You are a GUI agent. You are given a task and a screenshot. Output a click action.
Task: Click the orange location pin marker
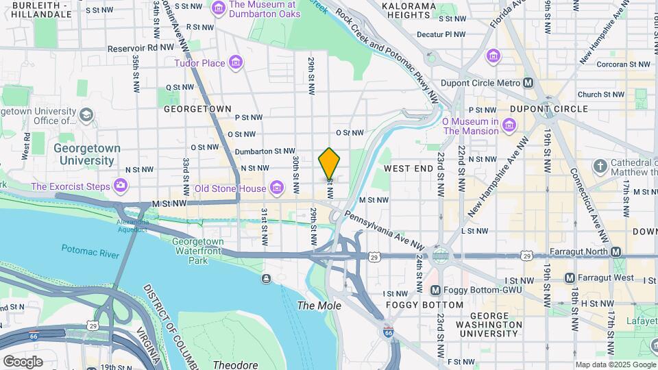tap(329, 164)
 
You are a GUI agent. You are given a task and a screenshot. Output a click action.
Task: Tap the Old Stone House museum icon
tap(276, 188)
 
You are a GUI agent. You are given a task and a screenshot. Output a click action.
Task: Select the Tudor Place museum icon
tap(235, 64)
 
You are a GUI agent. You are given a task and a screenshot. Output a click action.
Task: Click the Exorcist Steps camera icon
tap(121, 186)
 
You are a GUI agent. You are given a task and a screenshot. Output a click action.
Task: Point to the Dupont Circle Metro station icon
tap(528, 83)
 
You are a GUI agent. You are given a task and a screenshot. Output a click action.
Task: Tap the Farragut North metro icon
tap(616, 252)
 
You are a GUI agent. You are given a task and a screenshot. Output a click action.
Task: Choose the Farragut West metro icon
tap(570, 278)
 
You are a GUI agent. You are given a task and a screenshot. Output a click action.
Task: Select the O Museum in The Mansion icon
tap(509, 125)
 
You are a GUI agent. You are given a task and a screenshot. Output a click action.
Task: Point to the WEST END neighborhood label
tap(407, 168)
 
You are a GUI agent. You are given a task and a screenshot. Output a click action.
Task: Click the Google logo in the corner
tap(23, 361)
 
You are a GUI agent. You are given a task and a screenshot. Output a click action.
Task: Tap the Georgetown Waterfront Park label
tap(198, 251)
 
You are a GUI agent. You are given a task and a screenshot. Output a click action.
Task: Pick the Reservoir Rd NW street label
tap(141, 49)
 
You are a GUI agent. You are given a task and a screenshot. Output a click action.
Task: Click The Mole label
tap(319, 305)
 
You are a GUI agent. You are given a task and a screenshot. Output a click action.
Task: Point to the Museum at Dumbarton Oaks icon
tap(219, 8)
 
